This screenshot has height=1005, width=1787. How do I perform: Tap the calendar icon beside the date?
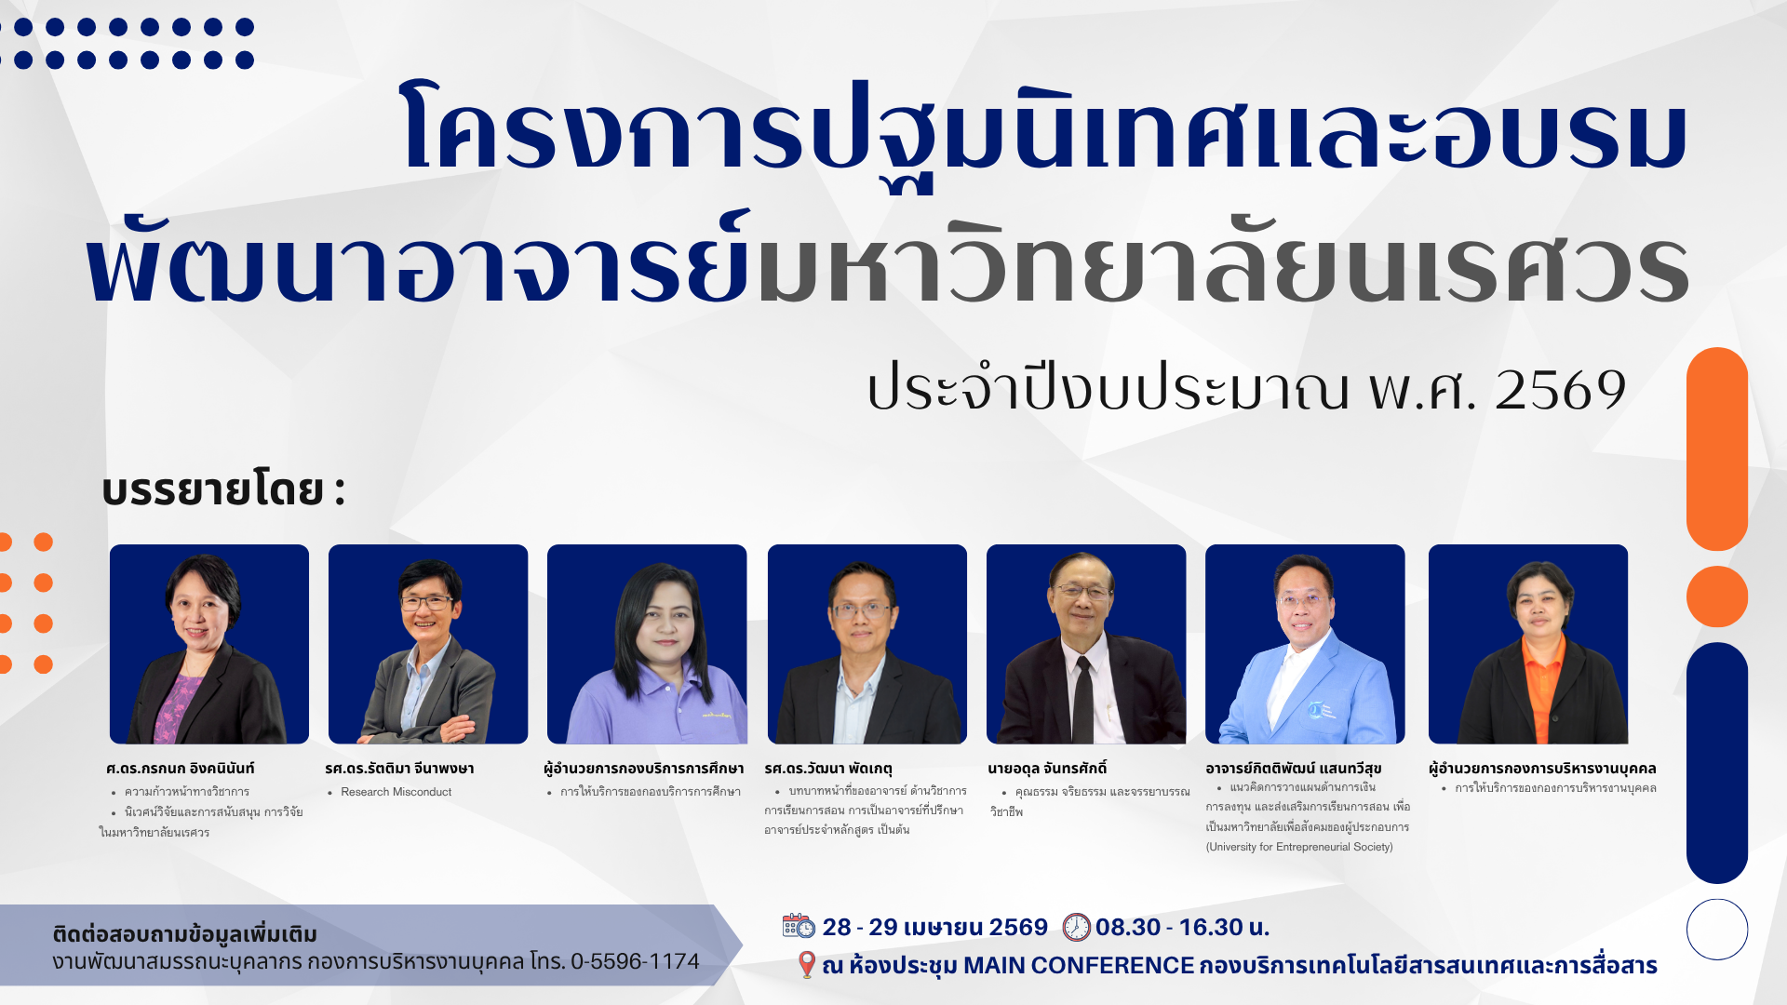coord(799,926)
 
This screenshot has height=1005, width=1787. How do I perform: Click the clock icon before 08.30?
coord(1076,927)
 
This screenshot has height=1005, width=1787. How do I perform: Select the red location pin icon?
coord(807,965)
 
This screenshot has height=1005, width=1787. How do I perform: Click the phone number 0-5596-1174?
coord(635,961)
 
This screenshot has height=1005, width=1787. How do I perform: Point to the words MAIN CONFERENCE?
coord(1078,966)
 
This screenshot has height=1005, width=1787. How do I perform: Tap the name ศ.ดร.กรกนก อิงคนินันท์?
coord(180,769)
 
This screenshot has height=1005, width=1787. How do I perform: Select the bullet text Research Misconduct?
coord(396,792)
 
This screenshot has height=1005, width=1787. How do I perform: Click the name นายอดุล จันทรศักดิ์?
coord(1047,769)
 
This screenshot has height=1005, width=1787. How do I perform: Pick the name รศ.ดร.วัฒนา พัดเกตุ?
coord(828,769)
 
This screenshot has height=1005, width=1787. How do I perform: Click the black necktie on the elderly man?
coord(1082,699)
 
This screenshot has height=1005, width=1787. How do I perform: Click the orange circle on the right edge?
coord(1717,596)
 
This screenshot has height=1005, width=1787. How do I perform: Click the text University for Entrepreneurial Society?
coord(1299,847)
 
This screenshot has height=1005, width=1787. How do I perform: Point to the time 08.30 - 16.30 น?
coord(1182,927)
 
